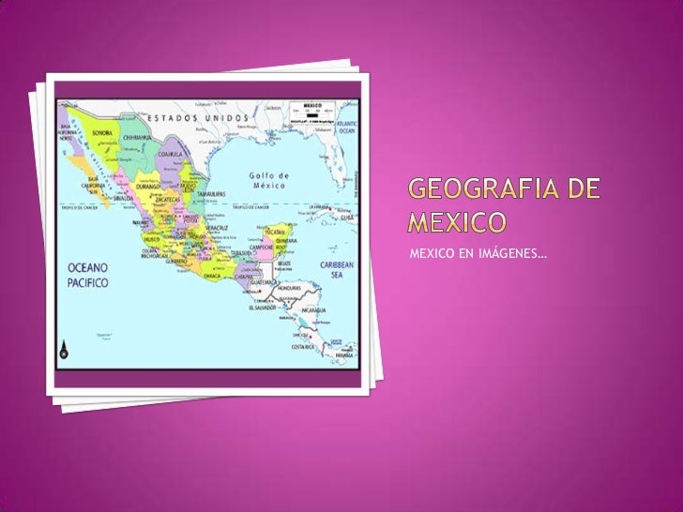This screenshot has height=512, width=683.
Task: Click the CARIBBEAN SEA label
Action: (x=335, y=269)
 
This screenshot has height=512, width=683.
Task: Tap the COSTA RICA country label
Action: (x=302, y=347)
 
